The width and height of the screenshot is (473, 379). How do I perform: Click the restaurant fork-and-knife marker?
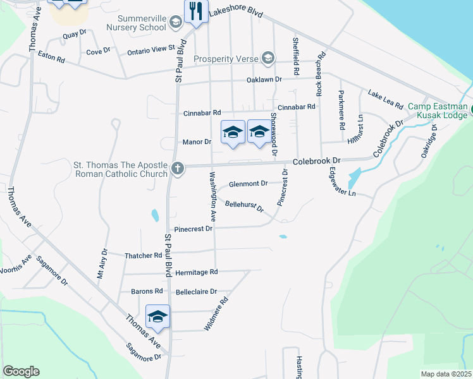(x=196, y=12)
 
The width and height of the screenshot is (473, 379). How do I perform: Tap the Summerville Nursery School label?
(x=134, y=23)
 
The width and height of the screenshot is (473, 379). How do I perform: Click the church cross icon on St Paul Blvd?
(x=178, y=169)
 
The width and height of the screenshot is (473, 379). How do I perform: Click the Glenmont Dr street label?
(x=249, y=184)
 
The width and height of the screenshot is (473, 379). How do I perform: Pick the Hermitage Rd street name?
(x=197, y=272)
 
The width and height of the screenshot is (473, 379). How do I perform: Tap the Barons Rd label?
(x=147, y=291)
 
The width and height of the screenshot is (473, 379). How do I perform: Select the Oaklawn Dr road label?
(x=264, y=80)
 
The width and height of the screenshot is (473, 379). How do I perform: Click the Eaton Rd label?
(x=52, y=59)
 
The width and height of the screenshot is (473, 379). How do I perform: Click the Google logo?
(x=21, y=371)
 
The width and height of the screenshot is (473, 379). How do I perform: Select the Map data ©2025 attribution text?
(x=446, y=374)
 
